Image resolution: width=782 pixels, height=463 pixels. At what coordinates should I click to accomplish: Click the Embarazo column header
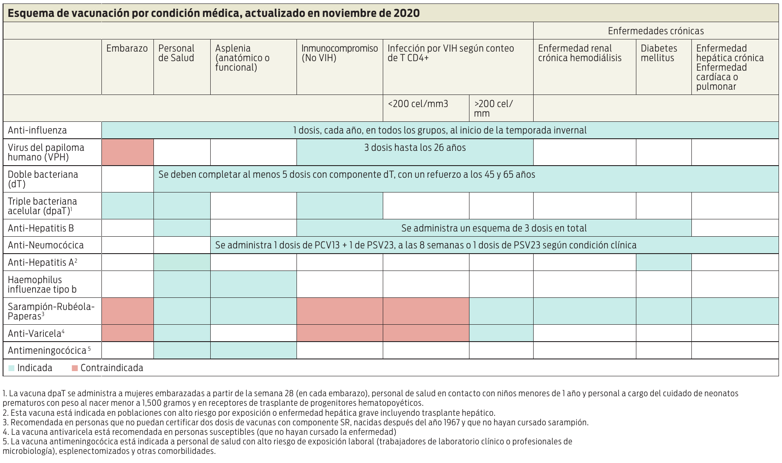pyautogui.click(x=127, y=49)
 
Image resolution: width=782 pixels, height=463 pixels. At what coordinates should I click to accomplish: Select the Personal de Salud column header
pyautogui.click(x=176, y=53)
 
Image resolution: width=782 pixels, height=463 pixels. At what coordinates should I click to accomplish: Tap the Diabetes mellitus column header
pyautogui.click(x=659, y=53)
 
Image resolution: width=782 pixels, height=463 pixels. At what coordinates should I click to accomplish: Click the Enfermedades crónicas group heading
pyautogui.click(x=656, y=31)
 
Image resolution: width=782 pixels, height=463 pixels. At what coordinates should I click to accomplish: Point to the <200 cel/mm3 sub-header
pyautogui.click(x=418, y=104)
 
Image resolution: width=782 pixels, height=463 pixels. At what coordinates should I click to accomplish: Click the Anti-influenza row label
pyautogui.click(x=37, y=130)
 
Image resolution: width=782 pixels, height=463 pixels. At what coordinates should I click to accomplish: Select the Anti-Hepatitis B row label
pyautogui.click(x=41, y=228)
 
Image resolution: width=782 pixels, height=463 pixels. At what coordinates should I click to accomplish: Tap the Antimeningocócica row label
pyautogui.click(x=49, y=350)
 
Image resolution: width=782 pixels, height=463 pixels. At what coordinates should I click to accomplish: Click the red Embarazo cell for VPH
pyautogui.click(x=127, y=152)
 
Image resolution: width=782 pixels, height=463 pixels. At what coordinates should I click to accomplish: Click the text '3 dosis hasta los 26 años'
pyautogui.click(x=415, y=148)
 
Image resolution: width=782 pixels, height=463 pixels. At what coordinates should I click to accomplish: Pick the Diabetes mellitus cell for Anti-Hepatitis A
pyautogui.click(x=664, y=262)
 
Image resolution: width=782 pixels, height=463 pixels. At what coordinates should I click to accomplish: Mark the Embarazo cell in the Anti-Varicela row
pyautogui.click(x=127, y=333)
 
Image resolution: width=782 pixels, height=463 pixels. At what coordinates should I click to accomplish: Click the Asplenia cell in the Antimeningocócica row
pyautogui.click(x=254, y=350)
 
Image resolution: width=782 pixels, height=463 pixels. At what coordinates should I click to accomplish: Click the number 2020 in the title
pyautogui.click(x=407, y=13)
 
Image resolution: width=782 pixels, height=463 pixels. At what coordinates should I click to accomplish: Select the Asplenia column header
pyautogui.click(x=242, y=58)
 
